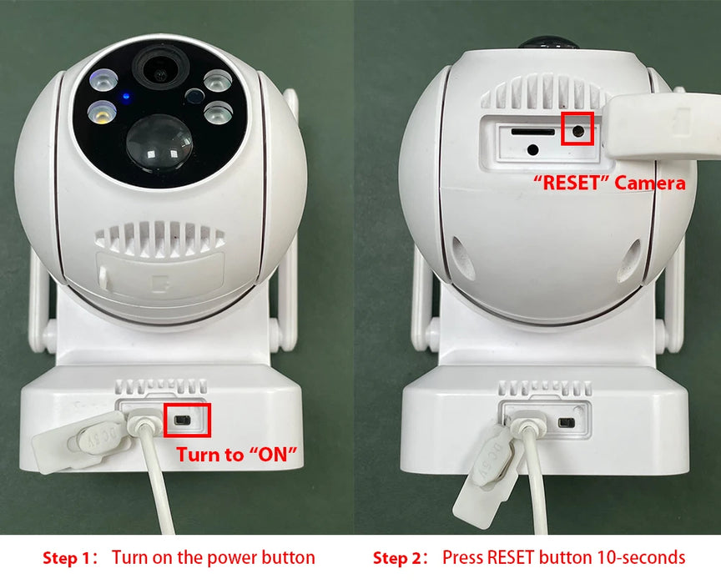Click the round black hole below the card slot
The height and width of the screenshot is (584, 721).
[532, 150]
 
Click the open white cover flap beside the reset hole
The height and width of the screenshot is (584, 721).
[659, 129]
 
